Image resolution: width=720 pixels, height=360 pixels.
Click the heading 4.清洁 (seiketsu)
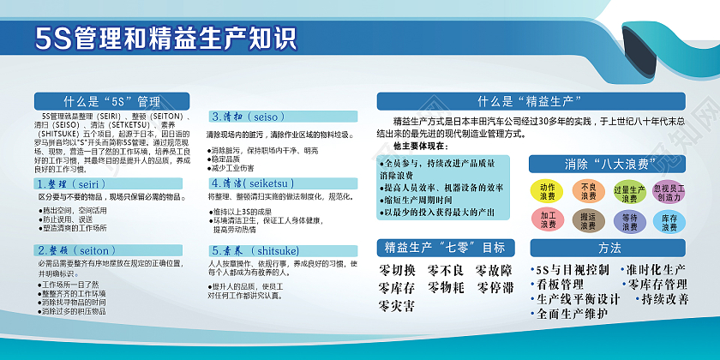[x=255, y=183]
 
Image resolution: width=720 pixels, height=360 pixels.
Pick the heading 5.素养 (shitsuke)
[x=255, y=250]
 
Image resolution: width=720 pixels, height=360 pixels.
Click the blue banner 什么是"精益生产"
[x=531, y=100]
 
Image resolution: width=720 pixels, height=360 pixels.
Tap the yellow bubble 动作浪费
[x=548, y=191]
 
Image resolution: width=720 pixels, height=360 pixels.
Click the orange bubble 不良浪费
[x=588, y=191]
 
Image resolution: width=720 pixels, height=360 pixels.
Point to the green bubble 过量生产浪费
[x=629, y=192]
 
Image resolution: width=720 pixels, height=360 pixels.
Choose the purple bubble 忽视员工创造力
[x=669, y=191]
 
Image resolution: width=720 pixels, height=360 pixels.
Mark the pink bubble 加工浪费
[x=548, y=220]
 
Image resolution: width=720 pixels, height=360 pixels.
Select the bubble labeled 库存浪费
[x=669, y=221]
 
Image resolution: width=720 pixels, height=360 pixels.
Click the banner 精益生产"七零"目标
[x=444, y=248]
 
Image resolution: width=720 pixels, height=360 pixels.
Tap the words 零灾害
[x=398, y=304]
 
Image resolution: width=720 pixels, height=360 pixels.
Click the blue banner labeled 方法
[x=610, y=248]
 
